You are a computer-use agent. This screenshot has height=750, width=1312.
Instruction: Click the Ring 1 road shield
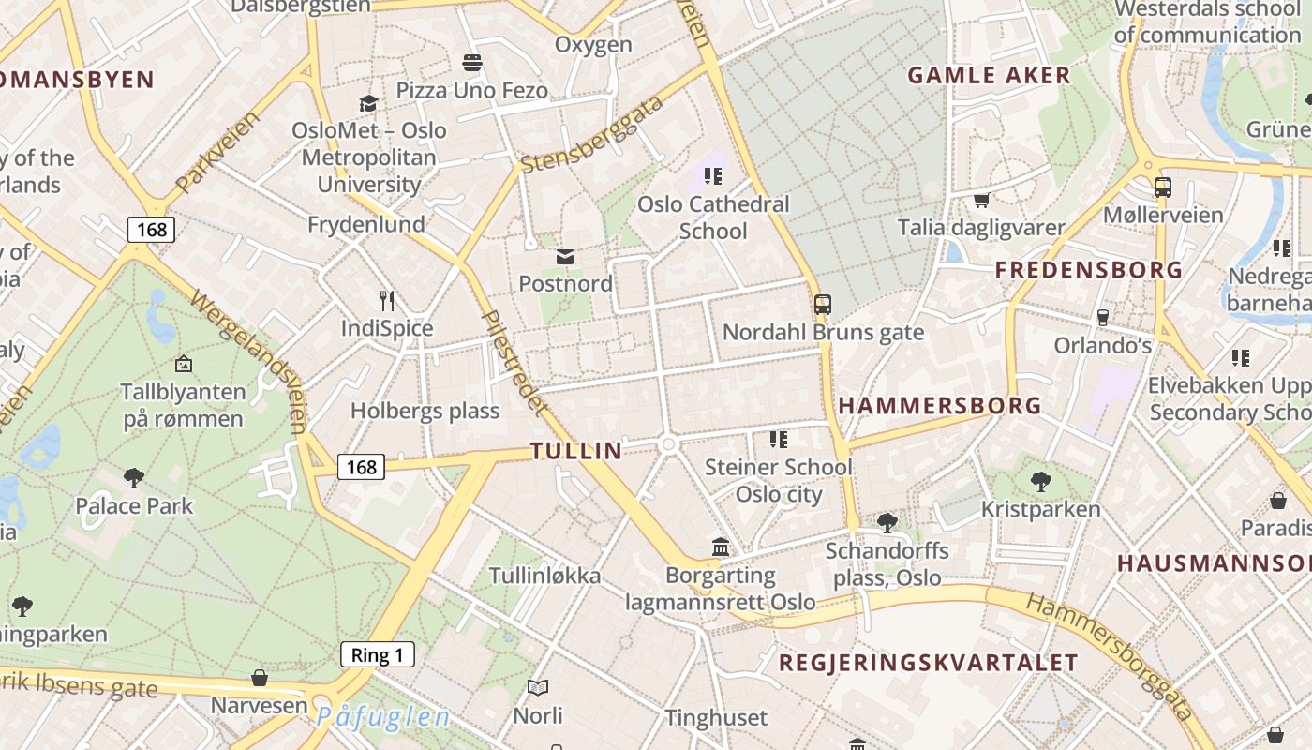coord(377,654)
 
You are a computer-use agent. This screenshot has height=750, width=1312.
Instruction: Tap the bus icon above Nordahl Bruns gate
coord(822,305)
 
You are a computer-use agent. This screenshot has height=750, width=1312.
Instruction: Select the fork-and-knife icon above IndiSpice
coord(387,300)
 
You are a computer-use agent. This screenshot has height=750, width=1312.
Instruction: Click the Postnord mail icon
coord(565,256)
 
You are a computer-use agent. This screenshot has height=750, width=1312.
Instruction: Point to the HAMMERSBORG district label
coord(939,406)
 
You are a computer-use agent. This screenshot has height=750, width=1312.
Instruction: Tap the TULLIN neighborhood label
coord(576,451)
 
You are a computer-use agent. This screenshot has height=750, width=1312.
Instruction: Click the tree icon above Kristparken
coord(1040,482)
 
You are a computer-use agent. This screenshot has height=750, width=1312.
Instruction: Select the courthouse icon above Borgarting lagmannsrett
coord(720,547)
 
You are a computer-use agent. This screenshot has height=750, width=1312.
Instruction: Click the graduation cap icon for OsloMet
coord(368,103)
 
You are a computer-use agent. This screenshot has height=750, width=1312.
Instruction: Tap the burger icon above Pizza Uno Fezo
coord(471,63)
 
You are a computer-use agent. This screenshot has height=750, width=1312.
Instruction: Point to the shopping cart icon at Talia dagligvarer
coord(981,200)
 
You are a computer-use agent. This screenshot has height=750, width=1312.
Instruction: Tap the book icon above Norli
coord(538,688)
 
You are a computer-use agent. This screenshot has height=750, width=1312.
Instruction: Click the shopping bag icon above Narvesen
coord(260,677)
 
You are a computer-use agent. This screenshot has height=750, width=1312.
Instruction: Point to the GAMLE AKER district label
coord(989,76)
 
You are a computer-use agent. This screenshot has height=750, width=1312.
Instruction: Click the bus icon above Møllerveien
coord(1162,187)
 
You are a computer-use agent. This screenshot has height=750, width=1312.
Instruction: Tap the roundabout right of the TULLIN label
coord(667,444)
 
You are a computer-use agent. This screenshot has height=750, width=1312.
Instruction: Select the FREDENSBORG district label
coord(1088,270)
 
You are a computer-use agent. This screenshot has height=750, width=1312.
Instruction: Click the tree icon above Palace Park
coord(134,478)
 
